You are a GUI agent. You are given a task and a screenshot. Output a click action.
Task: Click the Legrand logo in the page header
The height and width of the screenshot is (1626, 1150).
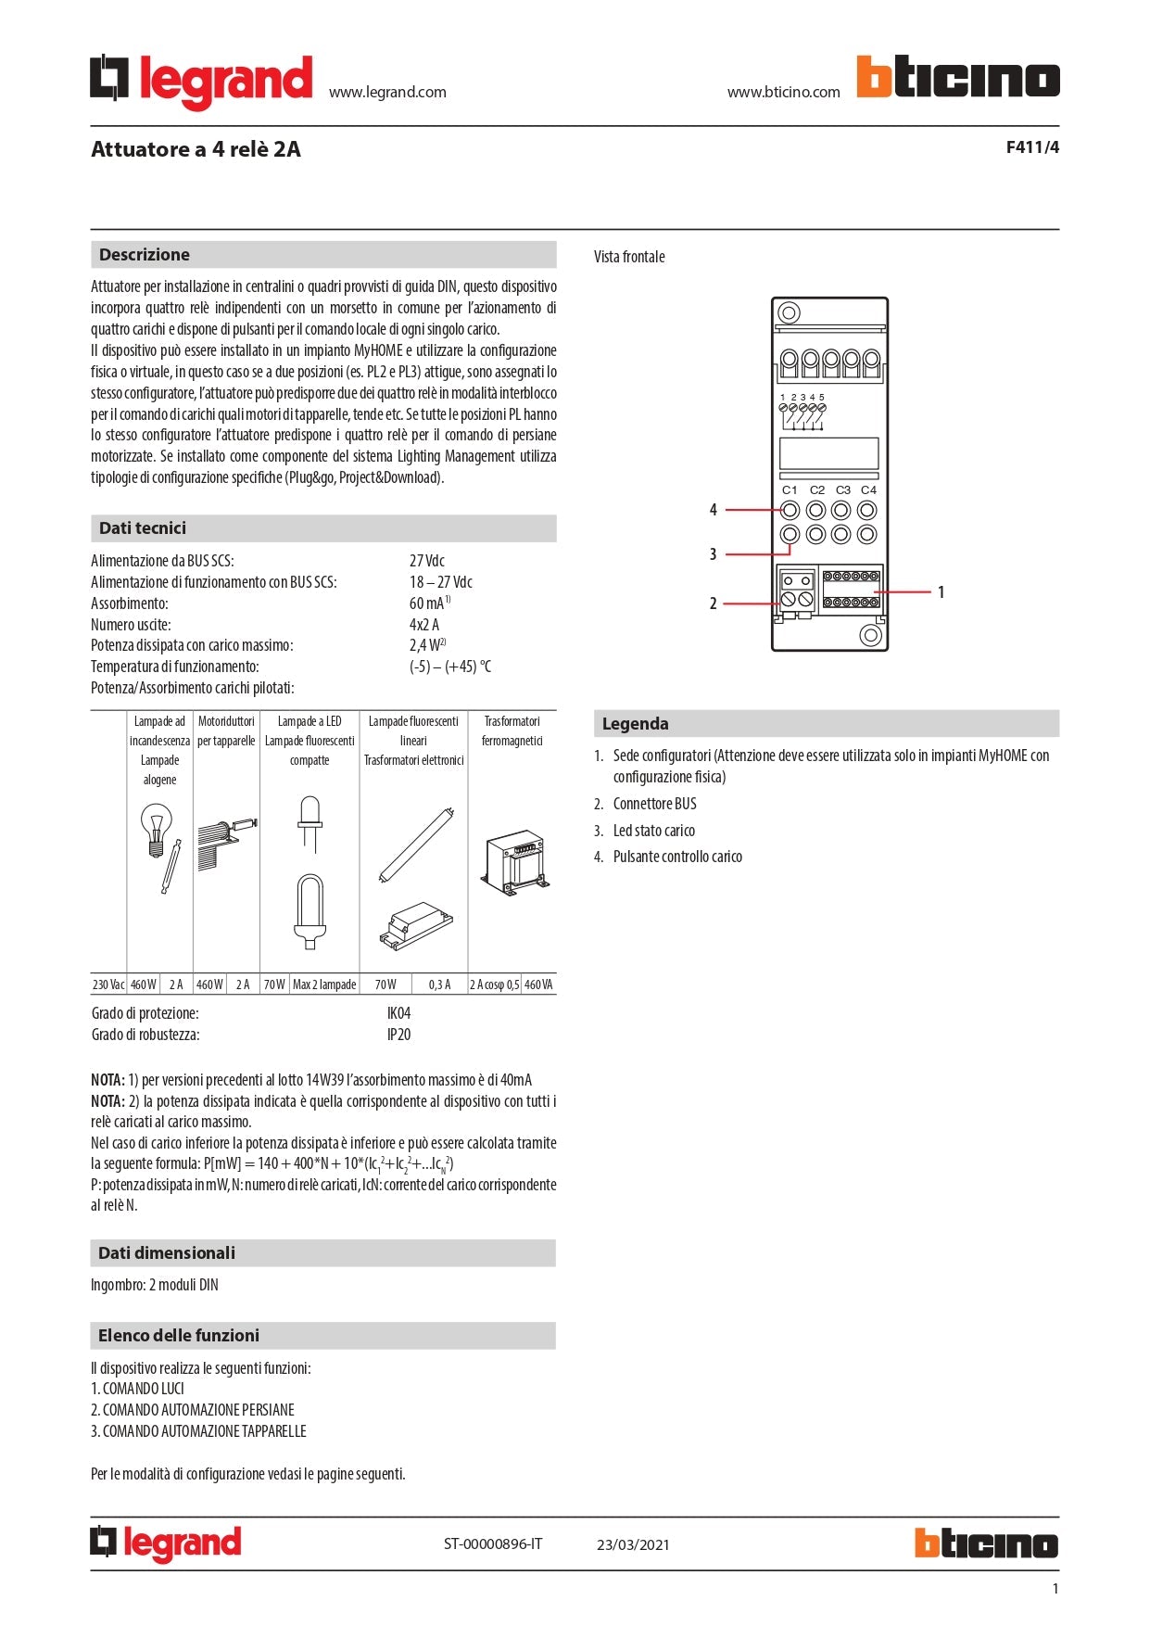201,81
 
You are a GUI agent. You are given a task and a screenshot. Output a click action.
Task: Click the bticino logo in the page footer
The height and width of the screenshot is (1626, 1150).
985,1543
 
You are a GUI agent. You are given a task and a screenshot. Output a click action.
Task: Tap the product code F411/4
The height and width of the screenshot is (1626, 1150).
1031,147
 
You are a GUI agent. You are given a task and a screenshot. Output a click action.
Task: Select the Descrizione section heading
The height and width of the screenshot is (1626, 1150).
145,255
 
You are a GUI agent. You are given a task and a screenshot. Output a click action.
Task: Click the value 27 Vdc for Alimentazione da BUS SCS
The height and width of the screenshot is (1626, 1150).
427,561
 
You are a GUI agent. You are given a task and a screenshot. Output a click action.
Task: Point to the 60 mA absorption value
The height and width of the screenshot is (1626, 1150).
427,603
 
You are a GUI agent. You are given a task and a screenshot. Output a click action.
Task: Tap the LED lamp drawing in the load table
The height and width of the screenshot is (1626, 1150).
310,822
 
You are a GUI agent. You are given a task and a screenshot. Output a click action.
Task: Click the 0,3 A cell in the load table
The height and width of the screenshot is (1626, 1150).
439,984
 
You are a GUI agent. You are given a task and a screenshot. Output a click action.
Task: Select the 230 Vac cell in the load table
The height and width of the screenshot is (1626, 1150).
108,984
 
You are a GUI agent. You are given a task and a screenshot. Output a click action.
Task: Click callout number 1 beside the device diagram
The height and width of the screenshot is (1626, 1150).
941,592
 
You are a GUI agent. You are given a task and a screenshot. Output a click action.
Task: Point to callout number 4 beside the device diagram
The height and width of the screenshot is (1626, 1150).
713,510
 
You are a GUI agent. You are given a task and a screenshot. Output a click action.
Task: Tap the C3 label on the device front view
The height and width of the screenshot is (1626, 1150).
842,490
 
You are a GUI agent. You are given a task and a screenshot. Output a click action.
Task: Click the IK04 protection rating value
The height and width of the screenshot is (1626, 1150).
398,1013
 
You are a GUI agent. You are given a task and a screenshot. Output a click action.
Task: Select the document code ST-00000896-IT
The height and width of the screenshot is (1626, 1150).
493,1543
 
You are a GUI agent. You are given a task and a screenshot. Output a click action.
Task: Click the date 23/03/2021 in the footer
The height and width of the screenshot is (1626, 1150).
633,1544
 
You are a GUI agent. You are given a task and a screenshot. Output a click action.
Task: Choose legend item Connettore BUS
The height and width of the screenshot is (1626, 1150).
654,804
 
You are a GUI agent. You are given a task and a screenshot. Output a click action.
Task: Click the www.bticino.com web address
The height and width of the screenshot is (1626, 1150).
783,92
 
